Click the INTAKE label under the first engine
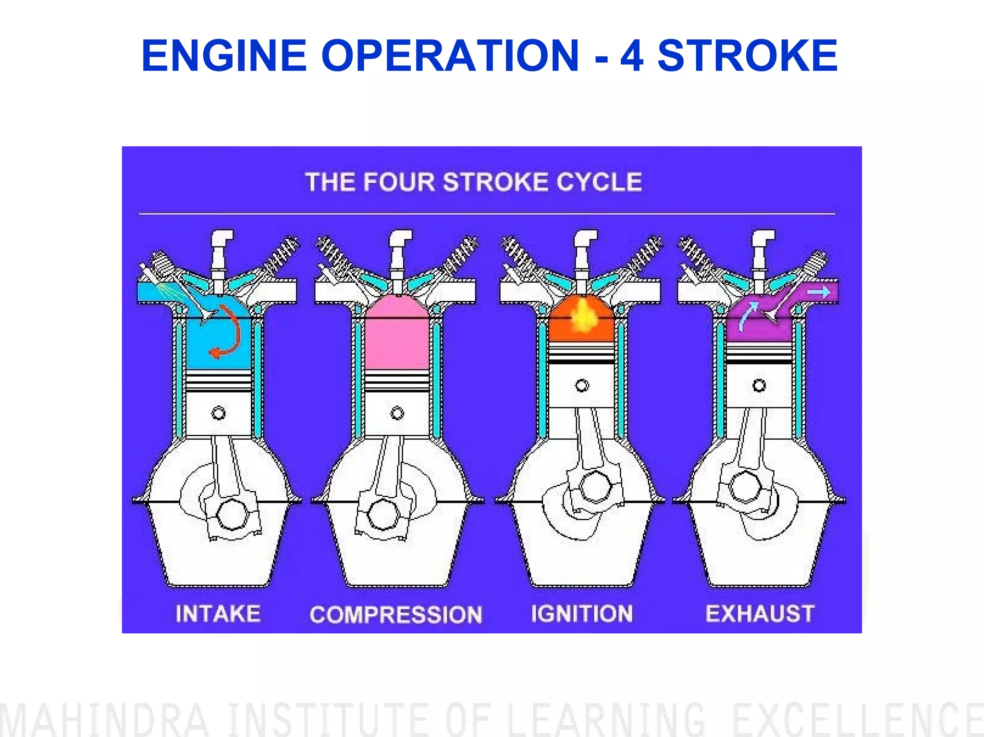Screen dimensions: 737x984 (218, 614)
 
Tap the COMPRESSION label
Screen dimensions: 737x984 (396, 614)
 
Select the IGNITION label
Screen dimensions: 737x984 (582, 614)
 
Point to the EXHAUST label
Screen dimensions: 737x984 (760, 614)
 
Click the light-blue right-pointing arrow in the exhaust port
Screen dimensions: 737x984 (819, 292)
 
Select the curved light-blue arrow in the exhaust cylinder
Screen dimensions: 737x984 (748, 315)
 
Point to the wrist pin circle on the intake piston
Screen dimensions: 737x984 (219, 413)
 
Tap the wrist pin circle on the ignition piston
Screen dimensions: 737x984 (582, 385)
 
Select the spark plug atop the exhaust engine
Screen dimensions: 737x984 (761, 255)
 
